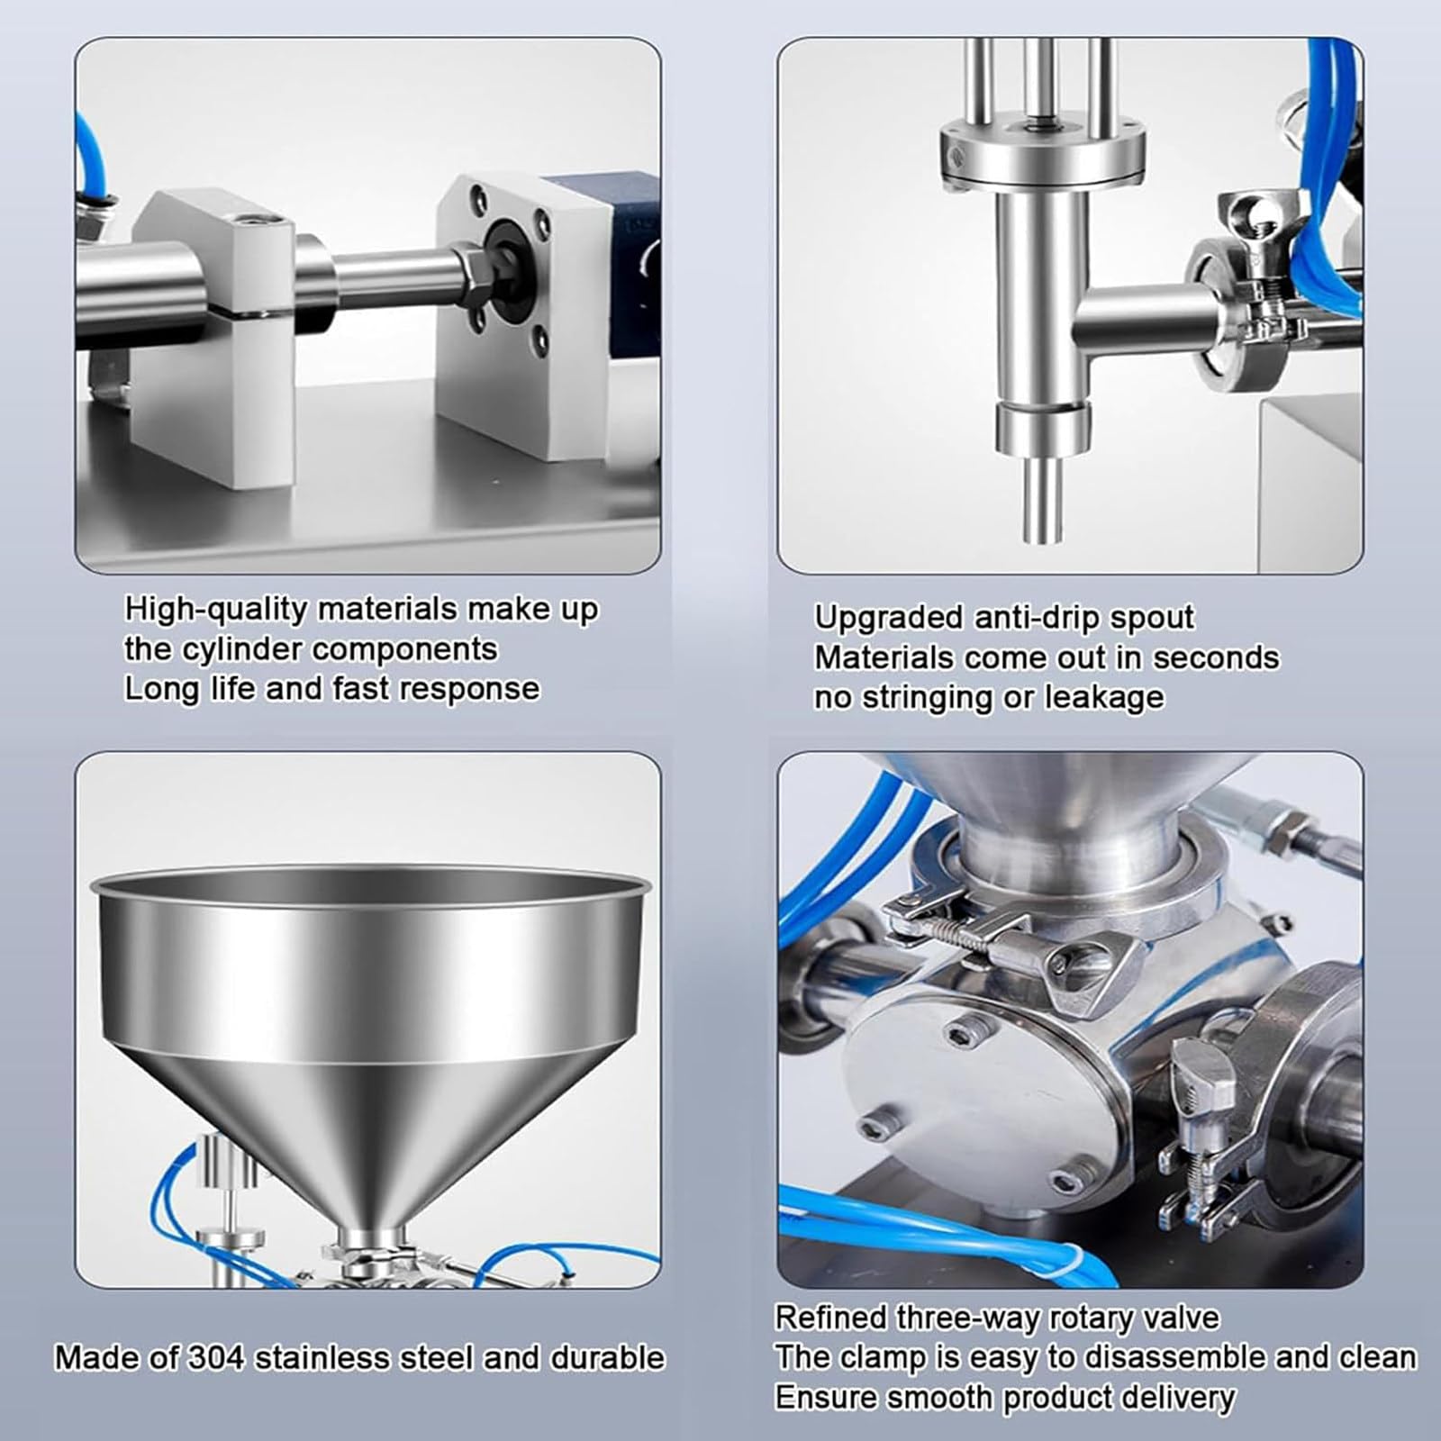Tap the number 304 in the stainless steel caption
click(x=215, y=1357)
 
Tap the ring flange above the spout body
click(x=1043, y=153)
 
